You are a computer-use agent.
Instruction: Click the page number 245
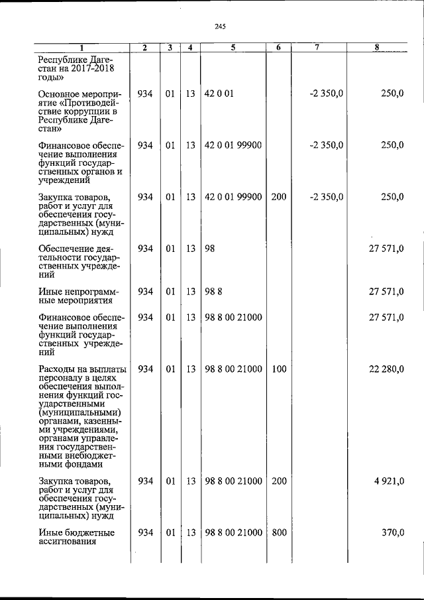pos(221,27)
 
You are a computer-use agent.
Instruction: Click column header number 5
pos(233,48)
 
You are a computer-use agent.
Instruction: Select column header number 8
pos(376,48)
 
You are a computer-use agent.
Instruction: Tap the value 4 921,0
pos(388,481)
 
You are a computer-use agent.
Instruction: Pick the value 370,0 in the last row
pos(390,532)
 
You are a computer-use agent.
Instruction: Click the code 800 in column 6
pos(279,532)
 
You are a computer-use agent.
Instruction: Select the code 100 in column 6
pos(279,369)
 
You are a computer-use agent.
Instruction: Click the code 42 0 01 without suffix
pos(219,94)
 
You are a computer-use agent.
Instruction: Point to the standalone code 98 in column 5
pos(211,248)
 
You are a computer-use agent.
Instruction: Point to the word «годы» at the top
pos(52,78)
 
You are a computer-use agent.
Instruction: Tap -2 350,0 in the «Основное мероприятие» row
pos(326,94)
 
